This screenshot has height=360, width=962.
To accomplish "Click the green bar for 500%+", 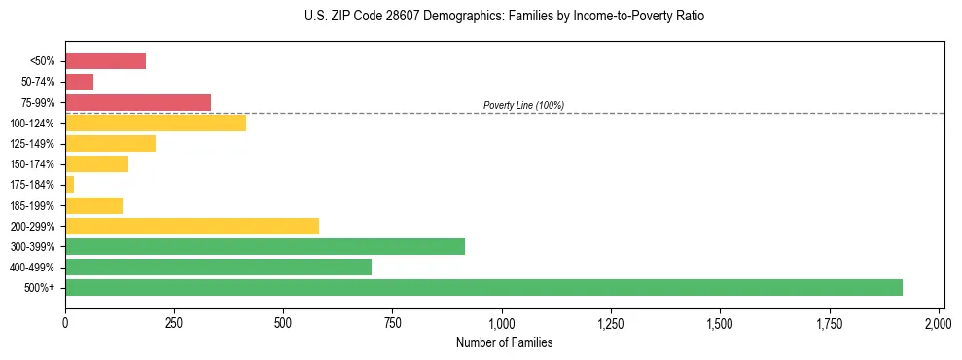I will [x=483, y=287].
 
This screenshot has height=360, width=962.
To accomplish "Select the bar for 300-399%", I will [x=265, y=246].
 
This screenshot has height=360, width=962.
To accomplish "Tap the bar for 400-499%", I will [x=218, y=267].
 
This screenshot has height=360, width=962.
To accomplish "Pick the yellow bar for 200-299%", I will [x=192, y=226].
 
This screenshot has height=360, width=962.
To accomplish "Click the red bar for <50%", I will [x=105, y=61].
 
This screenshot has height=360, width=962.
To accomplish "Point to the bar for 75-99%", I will [x=138, y=102].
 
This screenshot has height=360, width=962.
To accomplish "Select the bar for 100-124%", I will [x=156, y=123].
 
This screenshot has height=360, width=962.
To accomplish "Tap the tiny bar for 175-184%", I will [x=70, y=184].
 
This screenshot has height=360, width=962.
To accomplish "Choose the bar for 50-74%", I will [x=80, y=82].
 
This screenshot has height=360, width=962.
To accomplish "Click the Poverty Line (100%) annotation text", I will [x=523, y=105].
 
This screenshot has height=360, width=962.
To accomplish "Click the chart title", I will [x=481, y=17].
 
